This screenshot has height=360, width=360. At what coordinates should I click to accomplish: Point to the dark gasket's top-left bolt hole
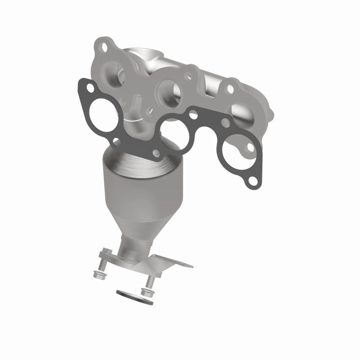pos(90,88)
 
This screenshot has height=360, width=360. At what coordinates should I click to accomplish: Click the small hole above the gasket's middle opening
pos(192,114)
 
